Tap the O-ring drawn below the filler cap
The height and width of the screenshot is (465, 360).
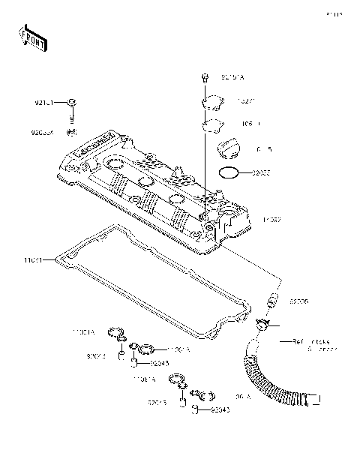coord(229,173)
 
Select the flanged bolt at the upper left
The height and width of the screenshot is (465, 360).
coord(72,102)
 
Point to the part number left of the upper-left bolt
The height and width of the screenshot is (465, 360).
coord(46,102)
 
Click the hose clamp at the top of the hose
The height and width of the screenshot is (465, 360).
coord(262,325)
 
